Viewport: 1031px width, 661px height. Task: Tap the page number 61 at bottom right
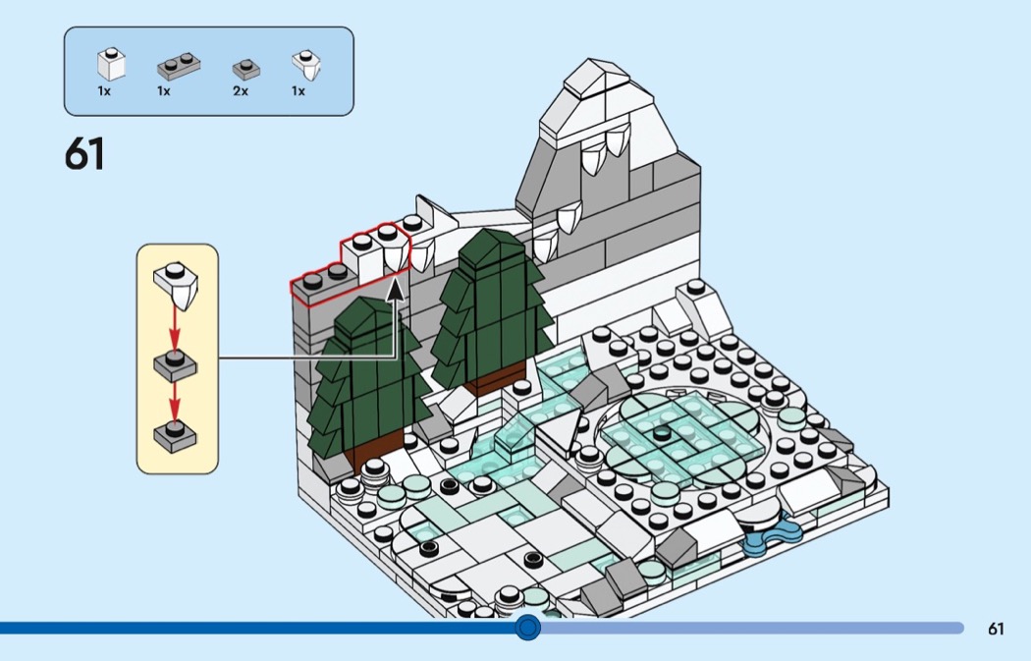point(997,629)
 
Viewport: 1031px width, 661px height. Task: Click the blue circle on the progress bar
point(528,627)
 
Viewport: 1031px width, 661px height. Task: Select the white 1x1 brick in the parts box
point(111,66)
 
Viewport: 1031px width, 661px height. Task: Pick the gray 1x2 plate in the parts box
point(178,67)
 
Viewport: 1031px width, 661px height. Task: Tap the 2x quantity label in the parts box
point(241,91)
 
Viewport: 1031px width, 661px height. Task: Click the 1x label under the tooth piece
point(298,91)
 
